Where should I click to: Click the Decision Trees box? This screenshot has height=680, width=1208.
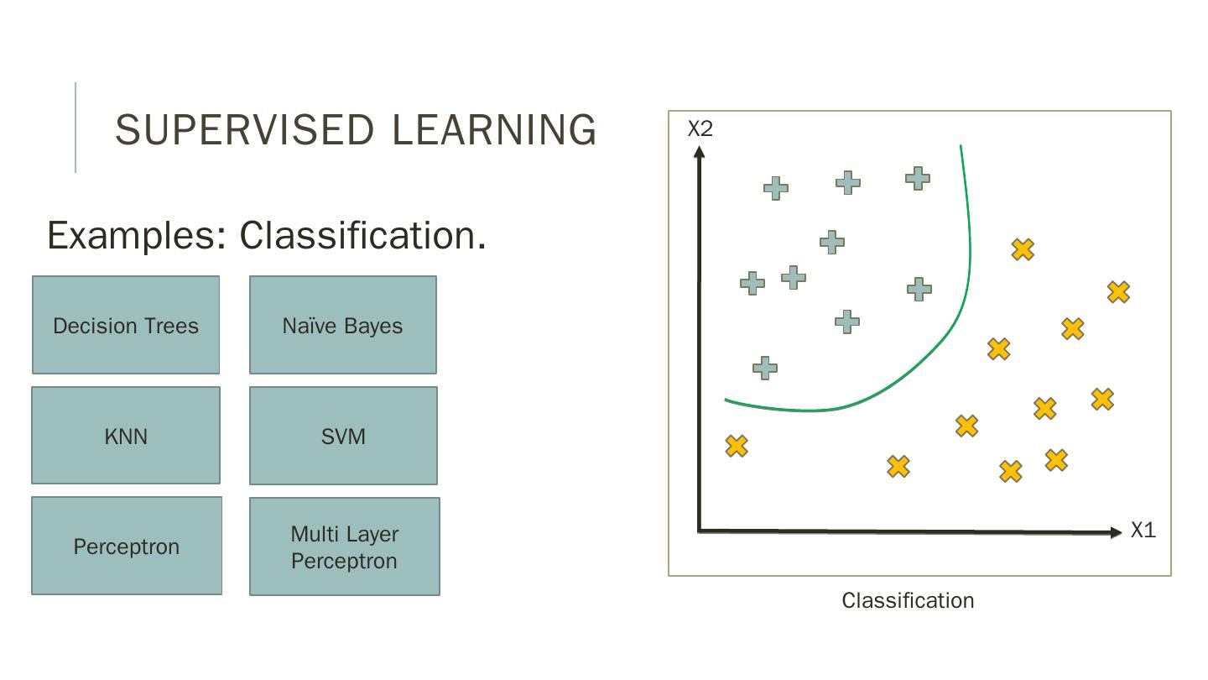click(126, 325)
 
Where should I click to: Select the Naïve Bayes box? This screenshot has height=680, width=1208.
click(342, 325)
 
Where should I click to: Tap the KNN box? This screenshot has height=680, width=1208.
click(126, 436)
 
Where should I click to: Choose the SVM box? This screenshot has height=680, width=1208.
click(343, 436)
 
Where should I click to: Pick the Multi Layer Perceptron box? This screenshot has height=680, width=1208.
click(344, 547)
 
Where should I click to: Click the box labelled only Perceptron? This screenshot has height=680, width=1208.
click(127, 546)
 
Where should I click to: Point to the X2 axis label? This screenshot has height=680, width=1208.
click(700, 128)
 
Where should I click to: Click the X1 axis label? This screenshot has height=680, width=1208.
click(1143, 530)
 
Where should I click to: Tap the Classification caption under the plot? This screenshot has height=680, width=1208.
click(908, 600)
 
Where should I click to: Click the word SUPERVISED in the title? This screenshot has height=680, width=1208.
click(244, 130)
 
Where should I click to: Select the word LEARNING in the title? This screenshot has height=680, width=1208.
click(494, 130)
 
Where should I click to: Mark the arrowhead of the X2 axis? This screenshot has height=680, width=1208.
click(699, 151)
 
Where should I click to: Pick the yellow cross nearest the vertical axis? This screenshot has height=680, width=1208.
click(737, 446)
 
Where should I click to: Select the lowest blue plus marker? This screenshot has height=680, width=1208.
click(764, 368)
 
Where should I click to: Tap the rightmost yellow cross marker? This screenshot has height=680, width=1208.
click(1118, 292)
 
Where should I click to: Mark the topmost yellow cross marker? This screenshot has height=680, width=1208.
click(1023, 249)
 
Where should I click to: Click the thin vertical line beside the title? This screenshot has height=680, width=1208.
click(75, 128)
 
